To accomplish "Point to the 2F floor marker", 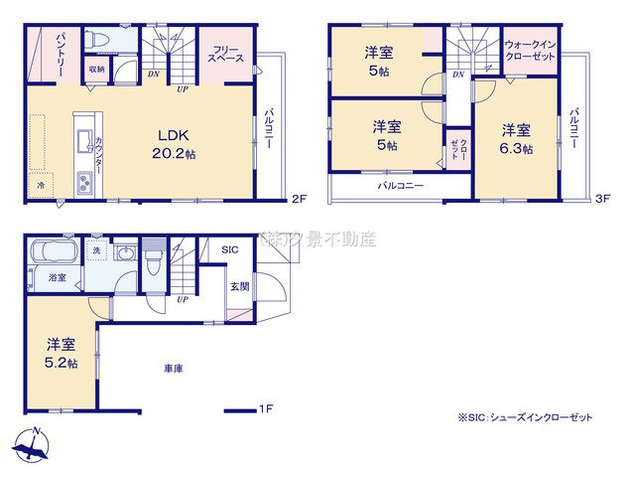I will click(x=299, y=198).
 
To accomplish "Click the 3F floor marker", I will click(x=601, y=198).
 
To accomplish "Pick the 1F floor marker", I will click(x=265, y=408).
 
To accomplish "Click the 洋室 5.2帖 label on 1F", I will click(x=62, y=353).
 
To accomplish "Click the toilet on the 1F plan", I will click(x=153, y=264).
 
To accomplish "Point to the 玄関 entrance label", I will click(x=240, y=287).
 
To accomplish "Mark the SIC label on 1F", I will click(x=230, y=249).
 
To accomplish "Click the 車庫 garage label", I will click(x=174, y=369).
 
